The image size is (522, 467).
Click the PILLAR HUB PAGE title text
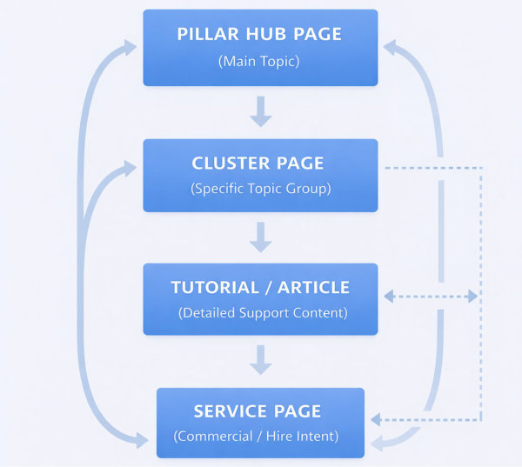click(259, 35)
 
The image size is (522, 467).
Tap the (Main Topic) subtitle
click(259, 61)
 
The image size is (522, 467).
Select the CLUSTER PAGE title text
click(258, 163)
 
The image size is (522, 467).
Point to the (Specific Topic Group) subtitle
click(260, 188)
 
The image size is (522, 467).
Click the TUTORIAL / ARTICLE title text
click(260, 288)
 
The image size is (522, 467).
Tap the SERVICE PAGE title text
click(258, 411)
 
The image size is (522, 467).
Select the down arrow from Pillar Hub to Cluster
click(260, 112)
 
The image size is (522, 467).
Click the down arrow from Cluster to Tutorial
click(260, 236)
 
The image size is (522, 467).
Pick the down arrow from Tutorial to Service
click(260, 359)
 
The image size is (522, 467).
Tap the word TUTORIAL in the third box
click(215, 288)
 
